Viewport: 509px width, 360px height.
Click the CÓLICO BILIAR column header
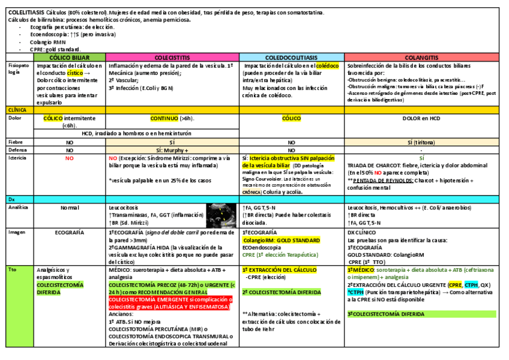tap(70, 57)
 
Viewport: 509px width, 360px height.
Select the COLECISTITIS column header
tap(173, 57)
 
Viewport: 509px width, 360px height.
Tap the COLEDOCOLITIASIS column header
tap(292, 57)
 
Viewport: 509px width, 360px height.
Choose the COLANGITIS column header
tap(422, 57)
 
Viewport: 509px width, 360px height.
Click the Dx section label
tap(11, 199)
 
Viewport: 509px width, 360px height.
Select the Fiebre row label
tap(16, 142)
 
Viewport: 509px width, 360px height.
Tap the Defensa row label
tap(18, 150)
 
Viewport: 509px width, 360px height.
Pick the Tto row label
tap(12, 270)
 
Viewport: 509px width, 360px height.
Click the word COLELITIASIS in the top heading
tap(26, 13)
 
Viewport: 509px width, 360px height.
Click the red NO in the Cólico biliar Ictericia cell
tap(70, 158)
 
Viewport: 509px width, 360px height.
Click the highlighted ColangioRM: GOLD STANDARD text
tap(282, 240)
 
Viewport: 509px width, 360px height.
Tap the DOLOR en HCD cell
tap(422, 118)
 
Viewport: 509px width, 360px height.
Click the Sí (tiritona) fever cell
tap(422, 142)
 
